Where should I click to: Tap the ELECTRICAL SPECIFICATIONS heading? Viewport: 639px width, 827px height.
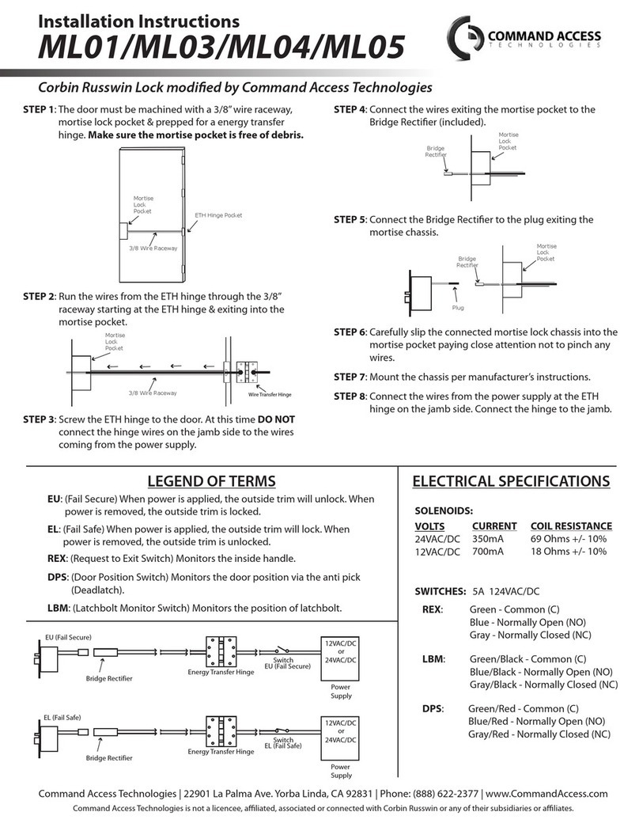(x=511, y=481)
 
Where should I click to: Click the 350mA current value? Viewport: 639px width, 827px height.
(x=488, y=539)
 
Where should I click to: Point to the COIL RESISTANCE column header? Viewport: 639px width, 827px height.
(x=570, y=526)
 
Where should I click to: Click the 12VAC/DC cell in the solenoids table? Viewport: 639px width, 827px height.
(x=437, y=552)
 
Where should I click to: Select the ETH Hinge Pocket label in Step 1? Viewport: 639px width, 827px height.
(x=217, y=215)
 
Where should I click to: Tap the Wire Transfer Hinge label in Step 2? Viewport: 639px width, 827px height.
(x=270, y=393)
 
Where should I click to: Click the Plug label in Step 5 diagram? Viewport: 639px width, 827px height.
(x=457, y=306)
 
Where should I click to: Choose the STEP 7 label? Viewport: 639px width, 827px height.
(x=350, y=377)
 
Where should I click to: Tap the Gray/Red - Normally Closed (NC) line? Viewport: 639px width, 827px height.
(x=539, y=734)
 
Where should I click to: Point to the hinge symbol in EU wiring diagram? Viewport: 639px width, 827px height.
(x=221, y=652)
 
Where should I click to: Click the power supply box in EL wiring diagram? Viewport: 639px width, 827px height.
(x=340, y=736)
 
